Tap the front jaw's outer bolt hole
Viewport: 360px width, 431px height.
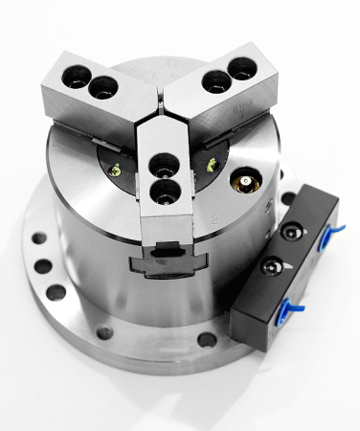click(166, 192)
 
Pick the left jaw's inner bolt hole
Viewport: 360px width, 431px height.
click(102, 88)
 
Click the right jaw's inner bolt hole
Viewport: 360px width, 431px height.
click(216, 80)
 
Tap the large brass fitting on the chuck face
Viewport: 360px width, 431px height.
click(245, 180)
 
